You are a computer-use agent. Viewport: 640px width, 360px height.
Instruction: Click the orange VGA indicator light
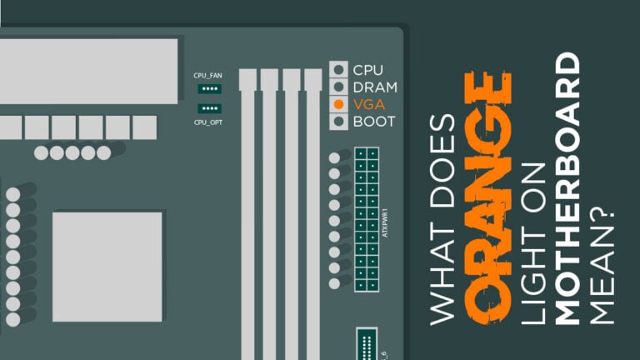tap(338, 104)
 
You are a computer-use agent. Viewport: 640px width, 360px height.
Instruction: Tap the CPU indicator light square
tap(338, 69)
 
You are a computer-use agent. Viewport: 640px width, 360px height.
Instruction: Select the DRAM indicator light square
tap(338, 87)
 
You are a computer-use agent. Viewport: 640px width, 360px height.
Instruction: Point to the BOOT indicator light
tap(338, 122)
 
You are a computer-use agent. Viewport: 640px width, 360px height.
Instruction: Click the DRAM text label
tap(375, 87)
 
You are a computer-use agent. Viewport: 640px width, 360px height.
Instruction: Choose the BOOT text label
tap(375, 122)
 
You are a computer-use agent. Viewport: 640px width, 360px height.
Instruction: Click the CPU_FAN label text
tap(208, 76)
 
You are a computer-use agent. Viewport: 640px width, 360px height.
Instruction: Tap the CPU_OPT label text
tap(208, 122)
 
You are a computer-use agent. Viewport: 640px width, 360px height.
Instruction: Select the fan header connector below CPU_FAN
tap(208, 88)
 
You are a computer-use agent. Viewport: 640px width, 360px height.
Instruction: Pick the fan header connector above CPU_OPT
tap(208, 108)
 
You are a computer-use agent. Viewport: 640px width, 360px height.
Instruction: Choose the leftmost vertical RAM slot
tap(247, 208)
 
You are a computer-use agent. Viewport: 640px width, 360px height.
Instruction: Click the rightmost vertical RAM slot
tap(312, 208)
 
